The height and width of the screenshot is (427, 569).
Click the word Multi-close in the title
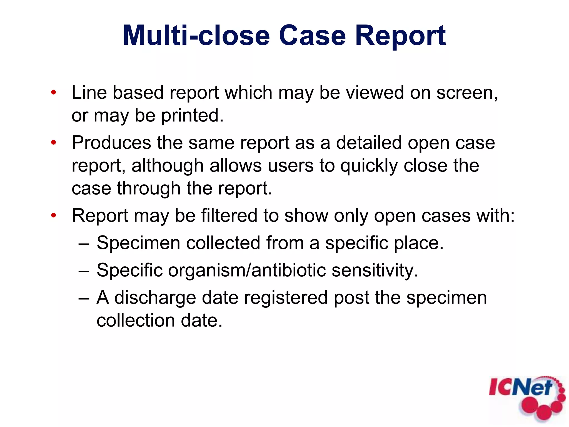[196, 36]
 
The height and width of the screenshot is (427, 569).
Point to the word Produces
[111, 143]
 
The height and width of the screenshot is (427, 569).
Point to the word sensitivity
[375, 270]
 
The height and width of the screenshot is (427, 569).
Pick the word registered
[286, 297]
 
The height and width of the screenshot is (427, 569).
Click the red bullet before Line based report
[54, 92]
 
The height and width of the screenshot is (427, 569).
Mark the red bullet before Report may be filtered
[54, 215]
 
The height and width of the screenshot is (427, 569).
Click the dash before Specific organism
[84, 270]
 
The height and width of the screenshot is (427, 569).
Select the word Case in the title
[312, 36]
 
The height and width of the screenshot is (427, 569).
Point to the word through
[149, 188]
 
